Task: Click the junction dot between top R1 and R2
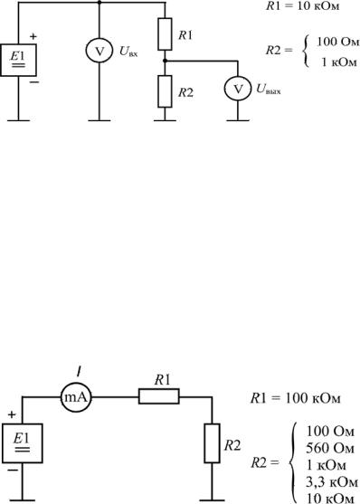[165, 61]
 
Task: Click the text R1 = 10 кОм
[302, 6]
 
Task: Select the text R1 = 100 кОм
[295, 398]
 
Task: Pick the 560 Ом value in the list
[330, 448]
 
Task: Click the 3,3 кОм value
[331, 482]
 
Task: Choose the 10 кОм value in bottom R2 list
[331, 499]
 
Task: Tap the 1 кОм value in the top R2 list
[339, 62]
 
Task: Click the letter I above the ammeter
[79, 372]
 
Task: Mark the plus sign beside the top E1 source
[33, 36]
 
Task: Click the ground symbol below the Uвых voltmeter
[238, 120]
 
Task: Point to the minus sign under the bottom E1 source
[13, 471]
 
